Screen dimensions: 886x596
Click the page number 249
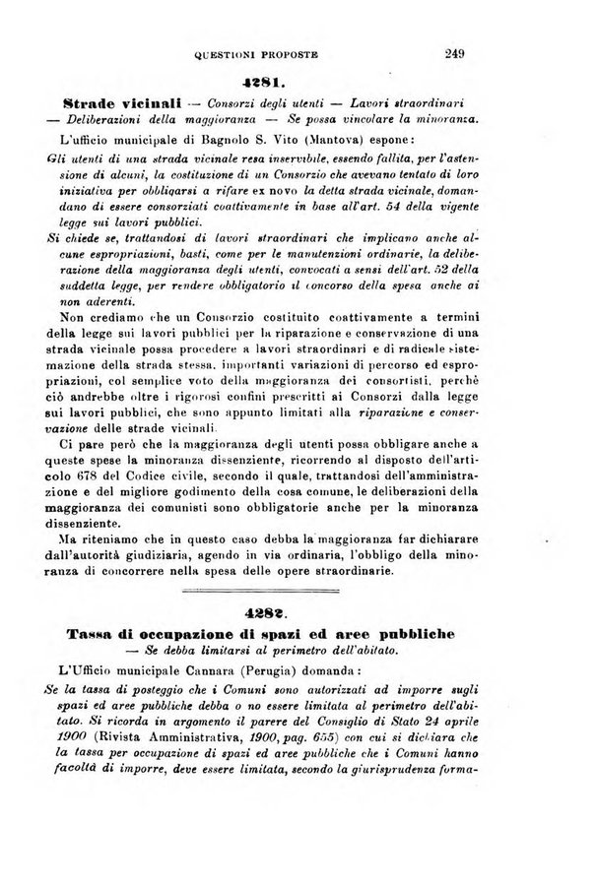pyautogui.click(x=454, y=55)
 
